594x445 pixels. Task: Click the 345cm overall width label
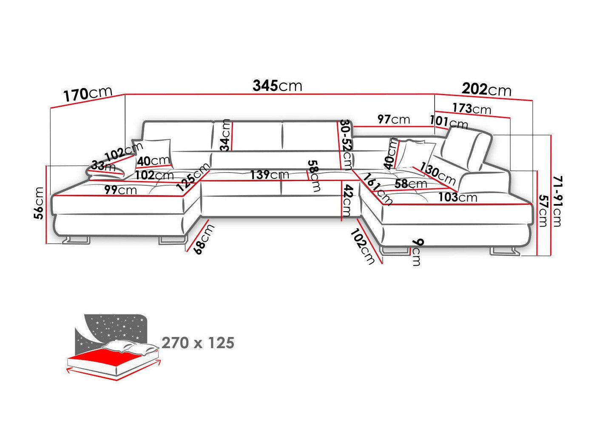click(x=277, y=86)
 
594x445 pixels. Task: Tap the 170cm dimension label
click(x=88, y=94)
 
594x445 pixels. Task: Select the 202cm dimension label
click(x=486, y=90)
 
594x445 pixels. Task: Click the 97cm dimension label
click(x=394, y=119)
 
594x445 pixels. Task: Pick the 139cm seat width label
click(x=270, y=175)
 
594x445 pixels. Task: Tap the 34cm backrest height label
click(x=225, y=135)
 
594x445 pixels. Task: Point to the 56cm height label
click(x=39, y=203)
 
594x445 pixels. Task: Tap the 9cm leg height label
click(x=417, y=252)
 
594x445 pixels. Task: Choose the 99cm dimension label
click(x=121, y=190)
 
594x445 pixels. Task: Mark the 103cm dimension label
click(x=458, y=197)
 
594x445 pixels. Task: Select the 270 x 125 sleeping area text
click(x=198, y=343)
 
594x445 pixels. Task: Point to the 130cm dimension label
click(x=437, y=173)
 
